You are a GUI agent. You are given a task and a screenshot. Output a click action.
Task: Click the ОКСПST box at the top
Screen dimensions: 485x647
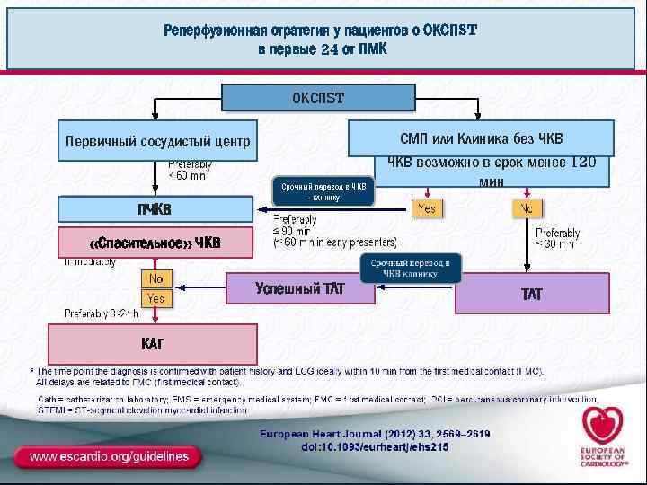pos(318,97)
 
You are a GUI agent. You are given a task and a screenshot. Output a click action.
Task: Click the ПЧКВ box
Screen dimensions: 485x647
pos(155,209)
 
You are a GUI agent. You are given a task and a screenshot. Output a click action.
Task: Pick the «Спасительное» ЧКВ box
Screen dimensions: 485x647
pos(155,242)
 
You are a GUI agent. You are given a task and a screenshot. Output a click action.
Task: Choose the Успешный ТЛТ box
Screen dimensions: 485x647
pos(300,288)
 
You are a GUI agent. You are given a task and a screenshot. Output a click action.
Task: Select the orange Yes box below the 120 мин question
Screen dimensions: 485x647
pos(427,208)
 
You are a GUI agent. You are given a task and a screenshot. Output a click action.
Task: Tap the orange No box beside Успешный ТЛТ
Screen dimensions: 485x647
pos(156,278)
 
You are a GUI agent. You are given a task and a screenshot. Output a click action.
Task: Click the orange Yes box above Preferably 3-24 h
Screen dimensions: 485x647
pos(156,297)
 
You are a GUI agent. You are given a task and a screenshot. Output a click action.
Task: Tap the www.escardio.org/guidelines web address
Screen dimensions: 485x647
pos(109,456)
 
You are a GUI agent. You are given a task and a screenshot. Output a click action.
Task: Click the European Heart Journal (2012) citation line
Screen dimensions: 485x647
pos(375,434)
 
